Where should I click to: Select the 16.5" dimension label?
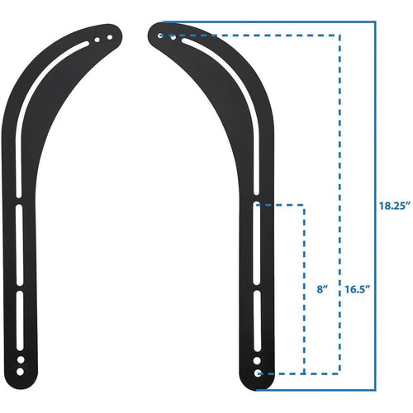point(357,289)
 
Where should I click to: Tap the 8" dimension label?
point(322,289)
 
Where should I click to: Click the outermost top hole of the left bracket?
point(108,37)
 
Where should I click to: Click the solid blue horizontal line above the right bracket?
point(273,22)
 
